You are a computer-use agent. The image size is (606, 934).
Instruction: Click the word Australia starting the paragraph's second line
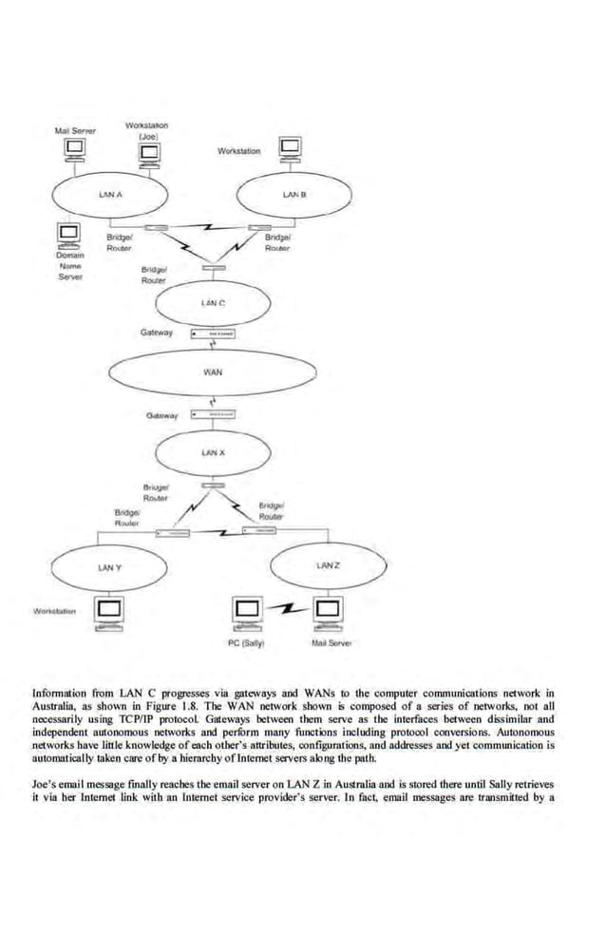(x=55, y=705)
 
